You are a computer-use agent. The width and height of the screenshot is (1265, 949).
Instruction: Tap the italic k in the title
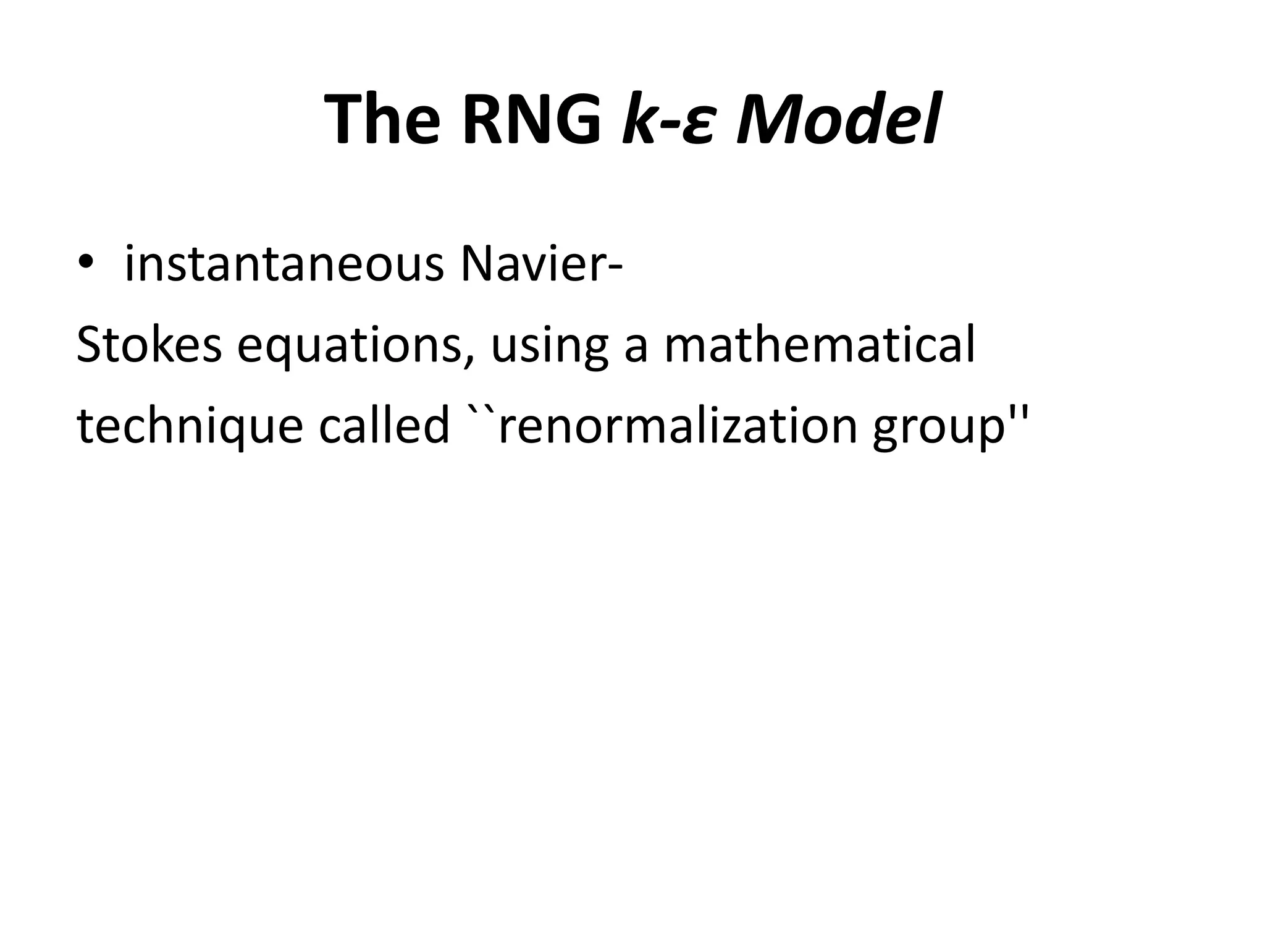pyautogui.click(x=639, y=120)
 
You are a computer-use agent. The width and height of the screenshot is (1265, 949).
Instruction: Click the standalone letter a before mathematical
pyautogui.click(x=636, y=350)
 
